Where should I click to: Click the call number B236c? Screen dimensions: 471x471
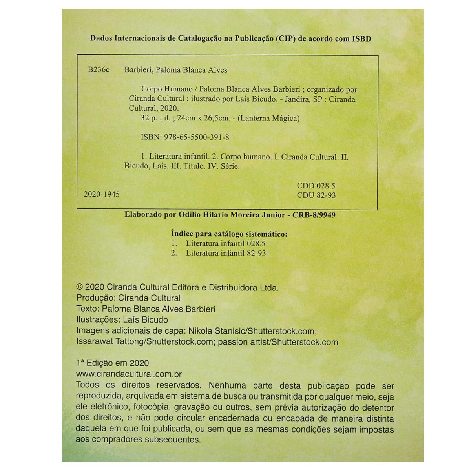click(x=99, y=70)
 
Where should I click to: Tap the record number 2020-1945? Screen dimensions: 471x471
click(x=102, y=194)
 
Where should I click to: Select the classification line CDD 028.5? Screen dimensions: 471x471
click(x=316, y=186)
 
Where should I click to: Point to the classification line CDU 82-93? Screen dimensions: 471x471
click(x=316, y=195)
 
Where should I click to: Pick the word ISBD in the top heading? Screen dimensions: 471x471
click(x=361, y=38)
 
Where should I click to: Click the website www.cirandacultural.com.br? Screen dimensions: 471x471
click(x=129, y=374)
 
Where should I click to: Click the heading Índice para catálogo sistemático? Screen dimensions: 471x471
click(x=230, y=234)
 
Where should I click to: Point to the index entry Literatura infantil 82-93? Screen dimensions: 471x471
click(x=226, y=253)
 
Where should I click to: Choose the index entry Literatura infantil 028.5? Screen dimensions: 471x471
click(x=226, y=243)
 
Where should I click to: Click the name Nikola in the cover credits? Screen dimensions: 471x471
click(x=201, y=330)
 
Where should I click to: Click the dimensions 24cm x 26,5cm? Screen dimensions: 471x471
click(x=203, y=118)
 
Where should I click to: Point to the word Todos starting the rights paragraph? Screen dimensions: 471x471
click(x=87, y=385)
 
